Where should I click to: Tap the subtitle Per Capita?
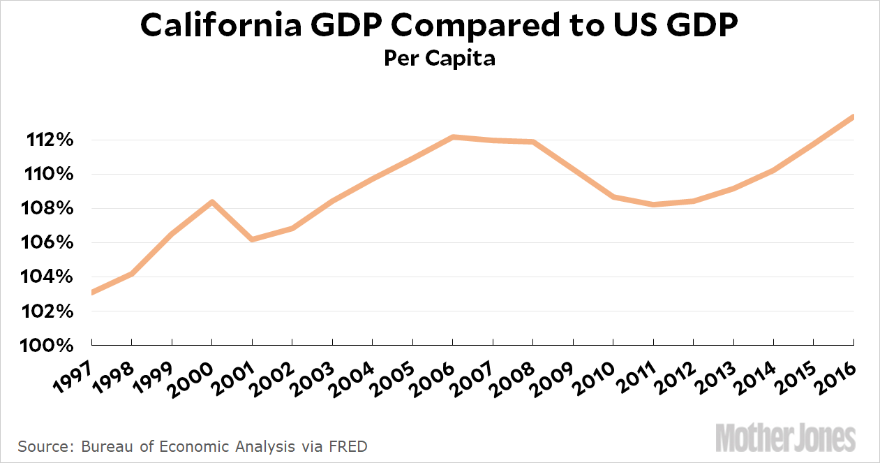[x=440, y=59]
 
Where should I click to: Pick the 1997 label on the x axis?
[x=73, y=365]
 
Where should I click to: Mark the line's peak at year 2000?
[x=211, y=203]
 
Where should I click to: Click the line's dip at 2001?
[x=252, y=240]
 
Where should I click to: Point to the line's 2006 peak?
[x=453, y=137]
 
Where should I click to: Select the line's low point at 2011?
[x=653, y=205]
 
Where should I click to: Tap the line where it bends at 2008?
[x=533, y=142]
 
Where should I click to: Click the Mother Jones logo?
[x=785, y=437]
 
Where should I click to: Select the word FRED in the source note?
[x=350, y=446]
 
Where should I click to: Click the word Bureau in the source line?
[x=102, y=446]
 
